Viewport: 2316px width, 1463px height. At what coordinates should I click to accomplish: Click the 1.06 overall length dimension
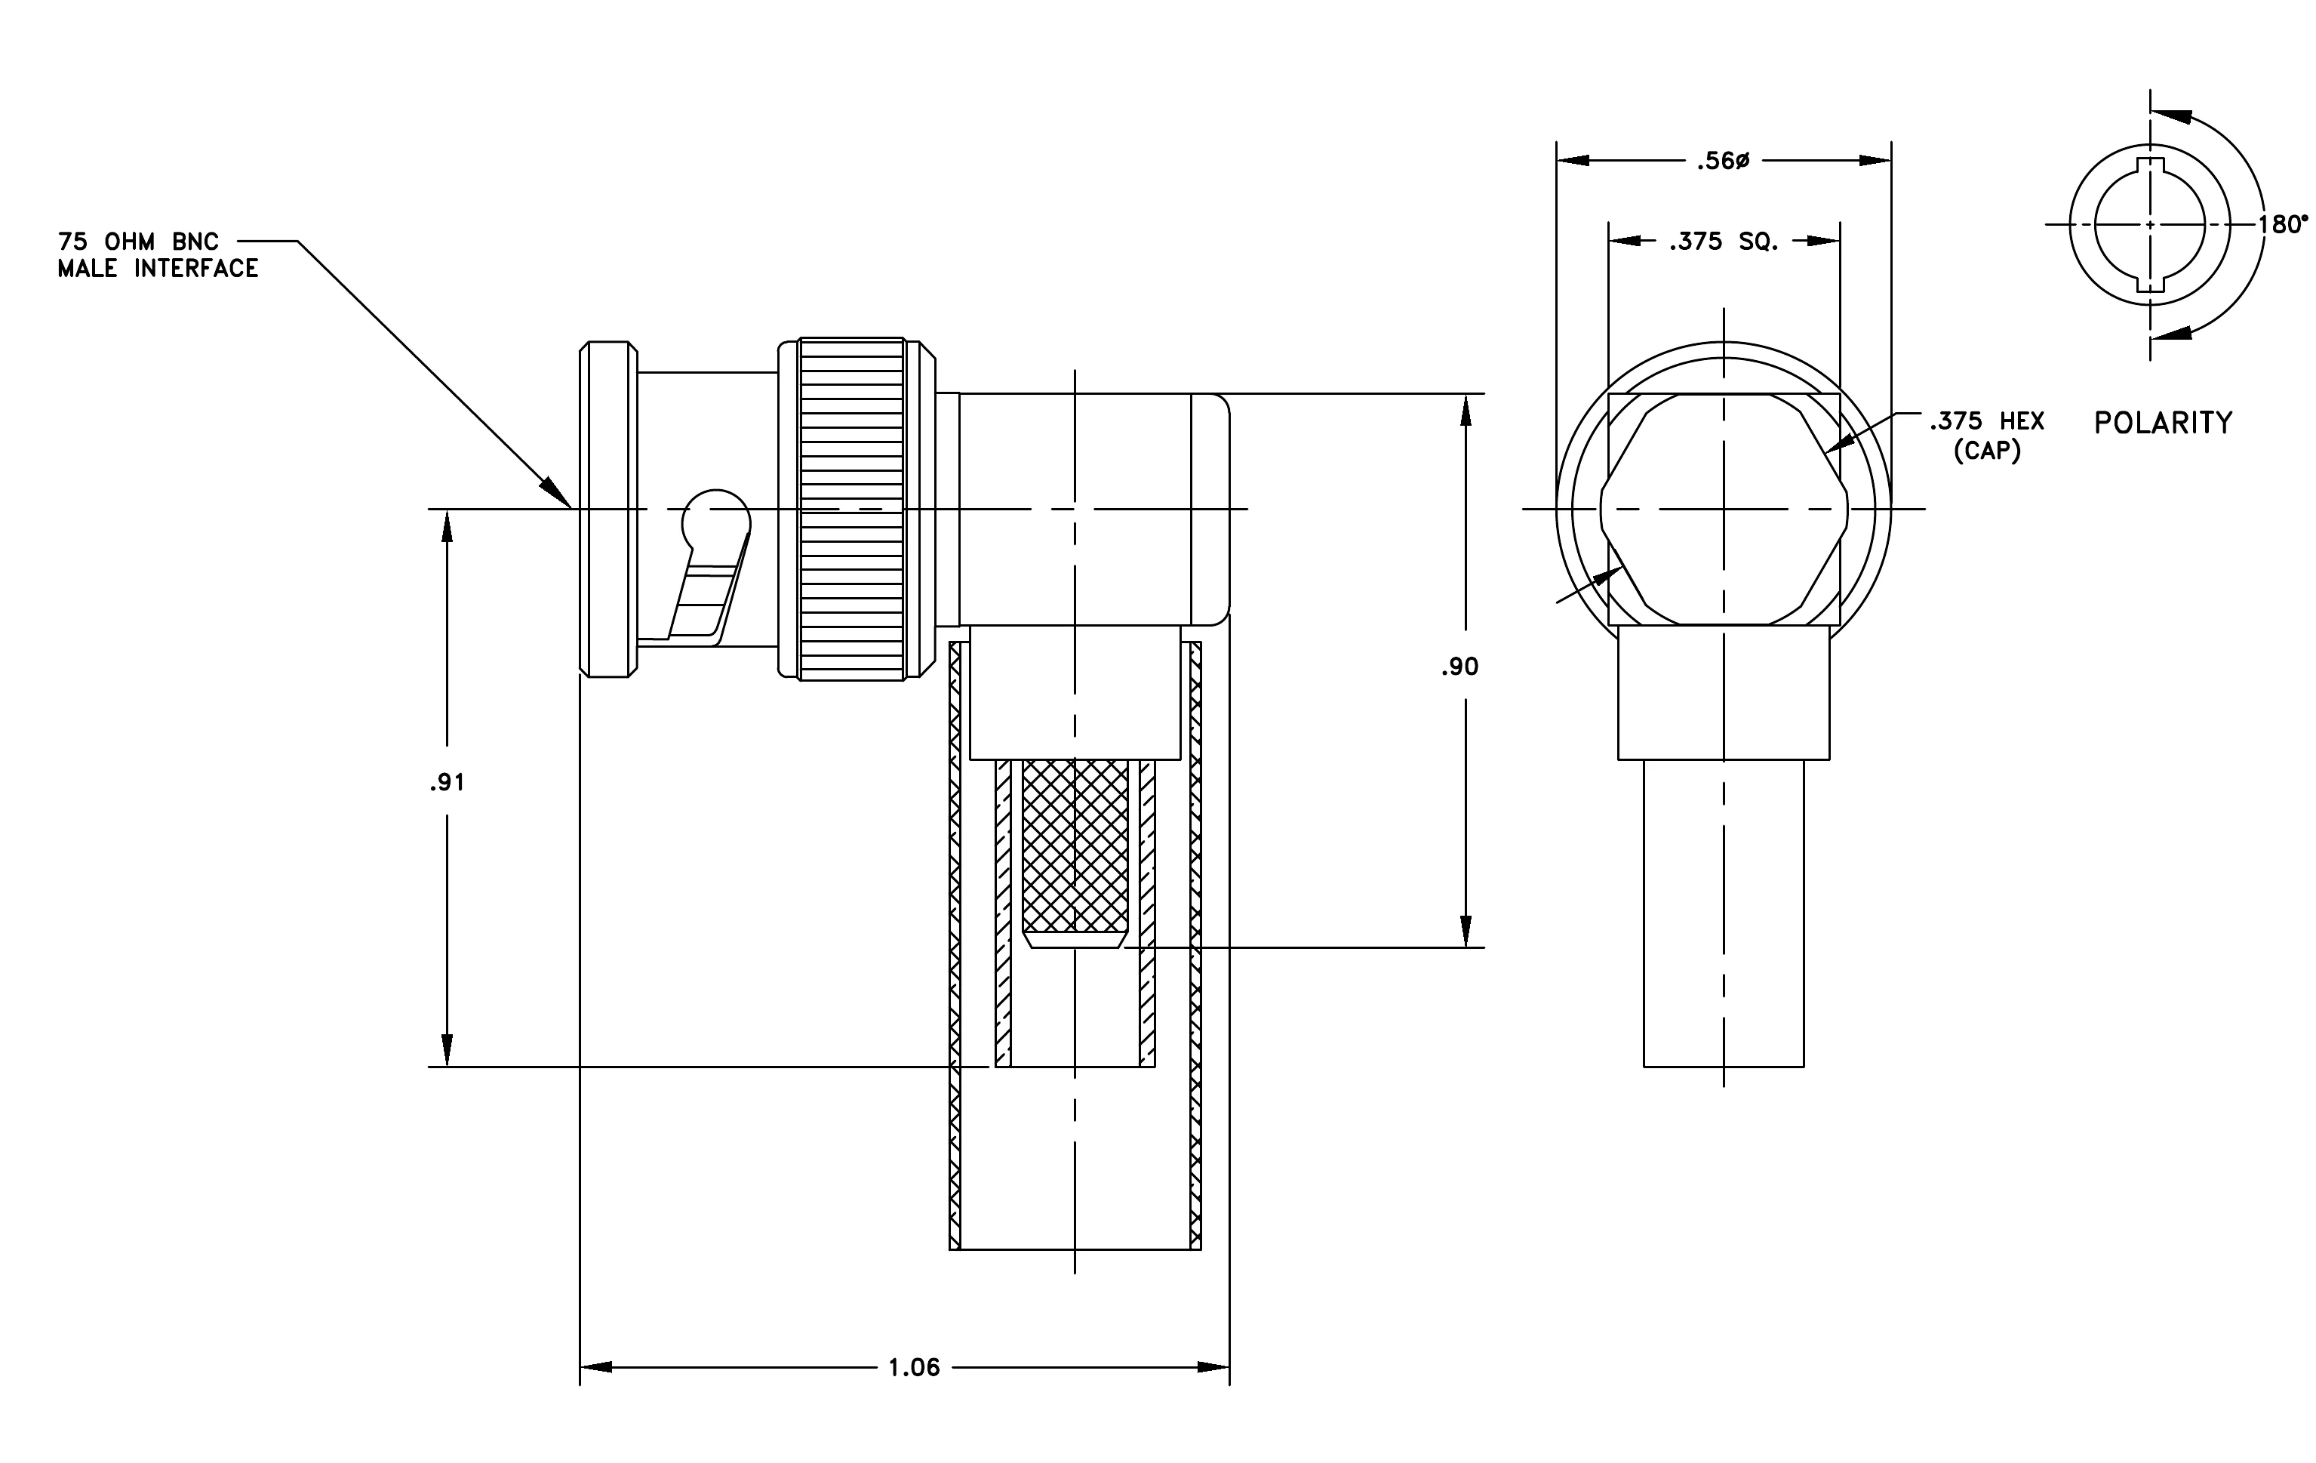pyautogui.click(x=914, y=1367)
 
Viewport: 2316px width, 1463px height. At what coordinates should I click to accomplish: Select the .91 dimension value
pyautogui.click(x=448, y=783)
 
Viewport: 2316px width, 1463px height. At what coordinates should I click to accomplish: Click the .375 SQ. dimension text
pyautogui.click(x=1724, y=242)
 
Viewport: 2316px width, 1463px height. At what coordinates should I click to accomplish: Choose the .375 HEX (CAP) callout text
pyautogui.click(x=1987, y=435)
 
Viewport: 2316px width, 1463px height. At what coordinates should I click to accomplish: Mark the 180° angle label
pyautogui.click(x=2282, y=224)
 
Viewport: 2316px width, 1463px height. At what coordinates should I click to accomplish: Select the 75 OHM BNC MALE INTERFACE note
pyautogui.click(x=158, y=255)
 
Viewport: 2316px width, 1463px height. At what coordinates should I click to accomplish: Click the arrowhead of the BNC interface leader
pyautogui.click(x=557, y=491)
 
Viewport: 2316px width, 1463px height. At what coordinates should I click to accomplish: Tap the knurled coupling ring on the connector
pyautogui.click(x=852, y=509)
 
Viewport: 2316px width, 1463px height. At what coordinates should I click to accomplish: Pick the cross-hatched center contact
pyautogui.click(x=1075, y=852)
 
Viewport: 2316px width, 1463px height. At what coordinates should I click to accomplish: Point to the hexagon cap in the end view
pyautogui.click(x=1724, y=509)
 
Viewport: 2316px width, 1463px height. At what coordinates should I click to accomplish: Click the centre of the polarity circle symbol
pyautogui.click(x=2151, y=224)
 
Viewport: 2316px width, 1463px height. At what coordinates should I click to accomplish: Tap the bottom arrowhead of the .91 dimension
pyautogui.click(x=448, y=1049)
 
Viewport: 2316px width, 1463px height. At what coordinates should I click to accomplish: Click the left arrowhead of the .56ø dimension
pyautogui.click(x=1573, y=161)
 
